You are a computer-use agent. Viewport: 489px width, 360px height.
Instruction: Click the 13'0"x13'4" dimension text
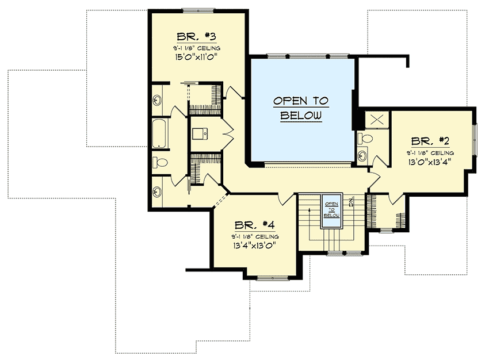click(429, 162)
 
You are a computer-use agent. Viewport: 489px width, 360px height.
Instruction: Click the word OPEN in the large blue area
click(300, 101)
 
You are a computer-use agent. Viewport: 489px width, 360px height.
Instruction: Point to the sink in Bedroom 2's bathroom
click(362, 155)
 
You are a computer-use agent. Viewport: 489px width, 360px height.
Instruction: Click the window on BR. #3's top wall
click(198, 10)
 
